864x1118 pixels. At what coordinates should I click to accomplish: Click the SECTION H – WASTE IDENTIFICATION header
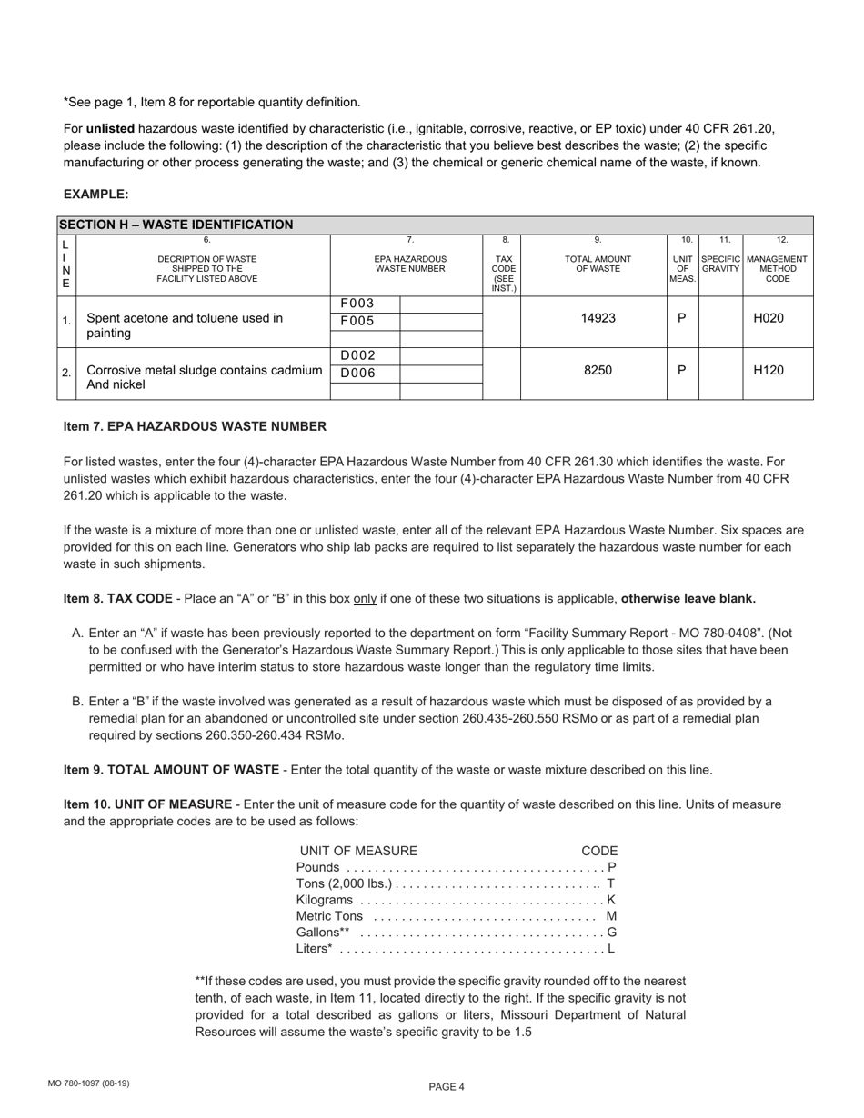[x=176, y=225]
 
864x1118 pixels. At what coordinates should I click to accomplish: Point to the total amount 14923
[x=598, y=319]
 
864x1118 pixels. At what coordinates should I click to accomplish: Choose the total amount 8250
[x=598, y=371]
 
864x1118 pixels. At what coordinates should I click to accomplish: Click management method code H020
[x=777, y=319]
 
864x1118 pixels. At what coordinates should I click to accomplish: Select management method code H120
[x=777, y=371]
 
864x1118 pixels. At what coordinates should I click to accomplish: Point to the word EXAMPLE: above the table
[x=95, y=195]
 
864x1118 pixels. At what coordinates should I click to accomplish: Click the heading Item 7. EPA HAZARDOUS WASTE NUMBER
[x=195, y=426]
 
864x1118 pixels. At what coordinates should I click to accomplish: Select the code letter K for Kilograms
[x=611, y=900]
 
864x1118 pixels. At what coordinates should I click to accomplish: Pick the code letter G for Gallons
[x=611, y=933]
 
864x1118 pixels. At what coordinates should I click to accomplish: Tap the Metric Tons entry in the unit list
[x=329, y=916]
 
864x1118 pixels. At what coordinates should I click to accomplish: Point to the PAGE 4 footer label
[x=447, y=1087]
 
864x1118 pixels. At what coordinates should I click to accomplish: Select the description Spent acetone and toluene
[x=185, y=318]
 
